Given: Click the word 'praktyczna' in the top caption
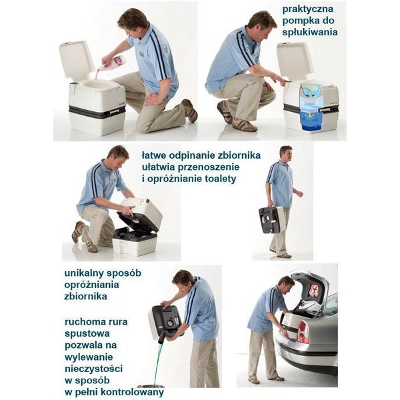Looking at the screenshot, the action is [307, 9].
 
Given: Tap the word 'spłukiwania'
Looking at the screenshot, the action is [310, 33].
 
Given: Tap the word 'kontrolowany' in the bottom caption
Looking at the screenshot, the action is [133, 392].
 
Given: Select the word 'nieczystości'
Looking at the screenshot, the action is [93, 369].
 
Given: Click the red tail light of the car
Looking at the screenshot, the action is [303, 332].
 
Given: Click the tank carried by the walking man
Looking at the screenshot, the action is [271, 219].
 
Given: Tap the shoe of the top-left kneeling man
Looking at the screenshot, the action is [190, 110].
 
